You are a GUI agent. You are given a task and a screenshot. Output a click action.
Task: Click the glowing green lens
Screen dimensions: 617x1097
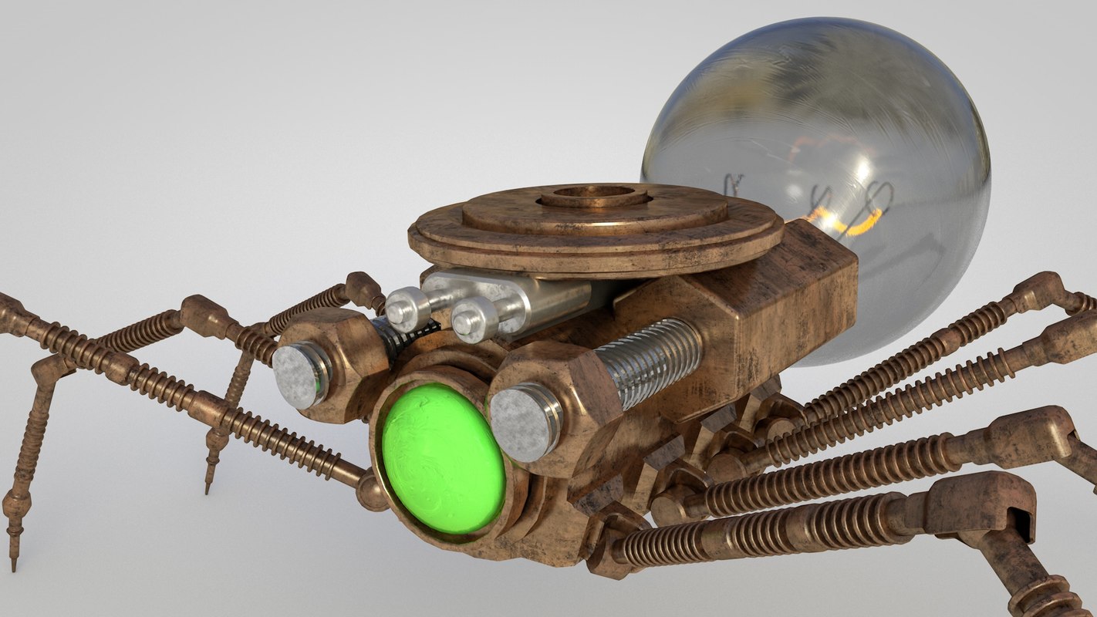(x=443, y=459)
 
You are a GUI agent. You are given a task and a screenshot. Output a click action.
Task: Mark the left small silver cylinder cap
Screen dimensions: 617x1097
(x=407, y=308)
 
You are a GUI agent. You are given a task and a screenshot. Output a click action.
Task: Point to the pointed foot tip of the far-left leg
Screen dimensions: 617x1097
(x=13, y=559)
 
